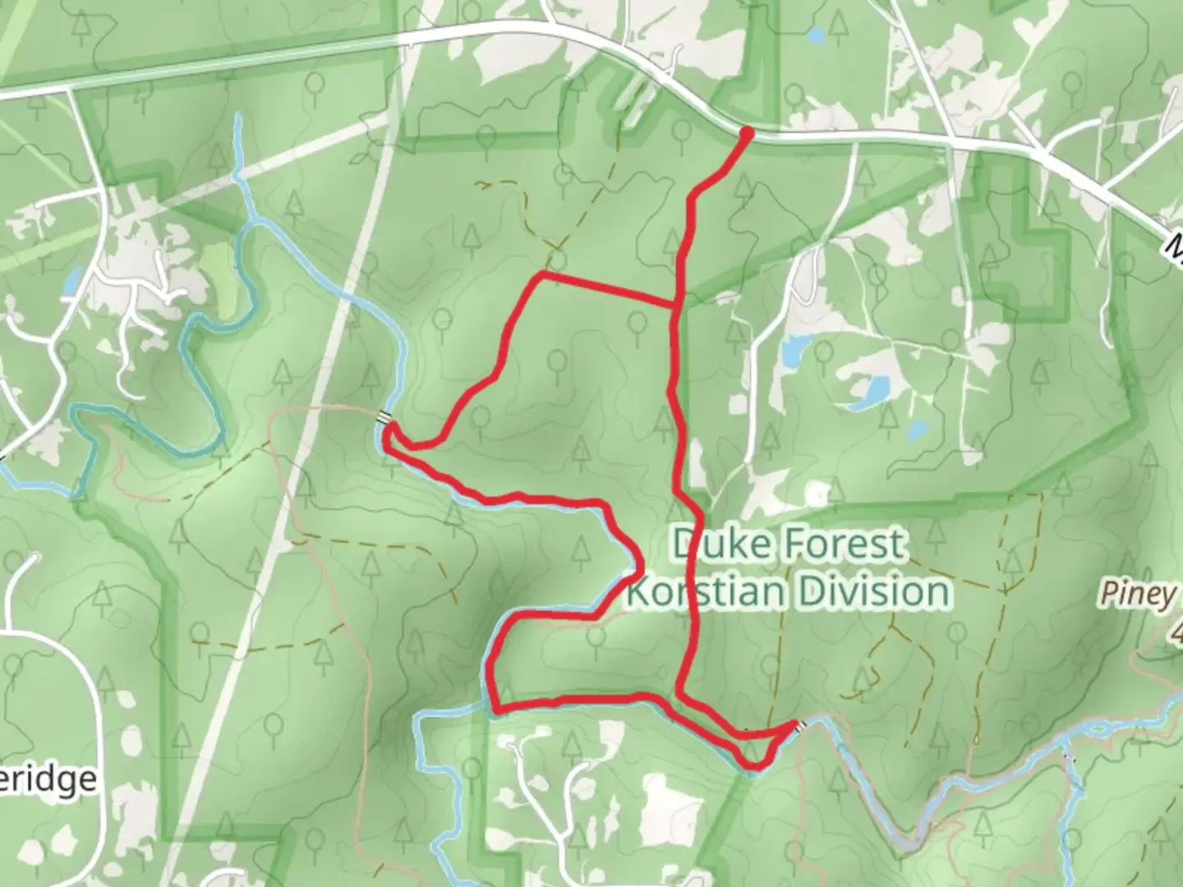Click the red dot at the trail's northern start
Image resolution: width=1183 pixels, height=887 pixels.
point(747,131)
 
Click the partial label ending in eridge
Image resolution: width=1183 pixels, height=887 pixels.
point(49,779)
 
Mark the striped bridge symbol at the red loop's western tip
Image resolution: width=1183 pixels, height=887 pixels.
point(384,419)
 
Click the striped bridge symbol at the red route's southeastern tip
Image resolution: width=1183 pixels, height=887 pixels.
point(798,725)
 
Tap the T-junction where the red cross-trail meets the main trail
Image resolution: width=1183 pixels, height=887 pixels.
point(675,306)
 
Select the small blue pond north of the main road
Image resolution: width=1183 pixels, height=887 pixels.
point(816,35)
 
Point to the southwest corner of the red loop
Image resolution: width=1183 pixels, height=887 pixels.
point(495,705)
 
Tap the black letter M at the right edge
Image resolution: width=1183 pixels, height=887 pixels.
point(1176,245)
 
